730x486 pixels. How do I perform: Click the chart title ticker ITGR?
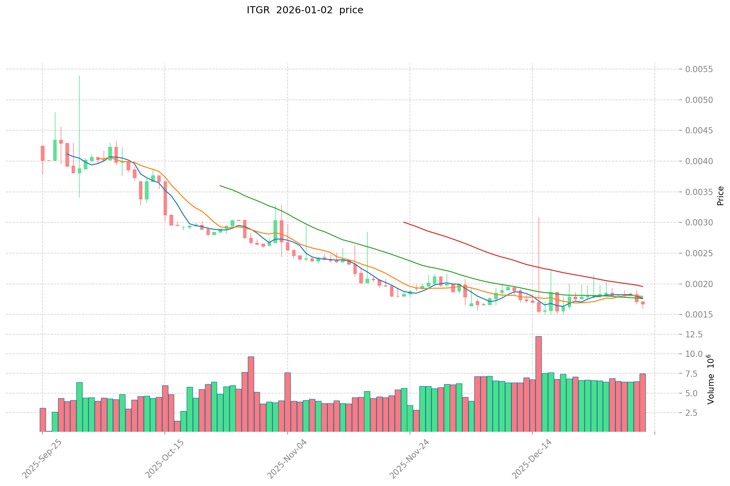pos(258,10)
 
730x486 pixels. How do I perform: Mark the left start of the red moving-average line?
pos(404,222)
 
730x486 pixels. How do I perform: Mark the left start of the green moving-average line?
pos(220,186)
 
